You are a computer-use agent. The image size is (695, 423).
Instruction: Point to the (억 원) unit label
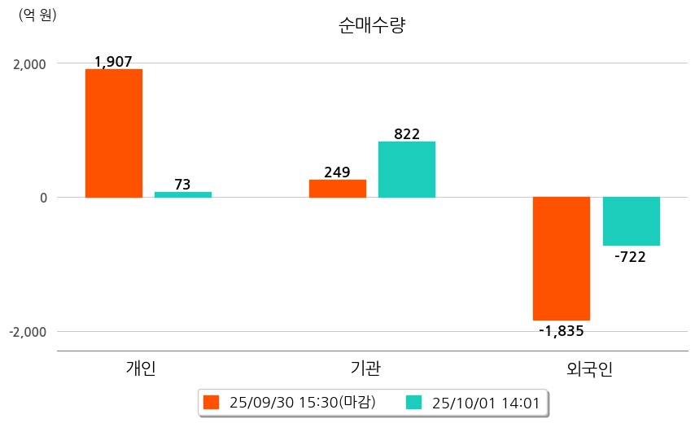tap(37, 15)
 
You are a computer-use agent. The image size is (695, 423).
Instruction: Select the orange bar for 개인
tap(114, 133)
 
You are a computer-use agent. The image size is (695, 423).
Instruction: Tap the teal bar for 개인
tap(183, 194)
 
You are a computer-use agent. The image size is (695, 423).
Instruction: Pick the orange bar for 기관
tap(338, 188)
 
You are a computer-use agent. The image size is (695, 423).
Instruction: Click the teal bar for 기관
tap(407, 169)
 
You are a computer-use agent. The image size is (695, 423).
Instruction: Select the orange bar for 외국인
tap(562, 259)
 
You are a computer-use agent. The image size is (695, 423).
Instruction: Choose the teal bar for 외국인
tap(631, 221)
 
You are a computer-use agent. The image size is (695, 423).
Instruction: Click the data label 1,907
tap(113, 62)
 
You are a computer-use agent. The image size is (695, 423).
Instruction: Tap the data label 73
tap(182, 185)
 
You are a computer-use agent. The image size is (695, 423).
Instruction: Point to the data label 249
tap(337, 172)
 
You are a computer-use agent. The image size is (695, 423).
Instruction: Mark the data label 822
tap(406, 134)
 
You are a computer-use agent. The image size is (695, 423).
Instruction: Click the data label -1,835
tap(562, 330)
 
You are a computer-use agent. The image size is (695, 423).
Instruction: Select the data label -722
tap(631, 257)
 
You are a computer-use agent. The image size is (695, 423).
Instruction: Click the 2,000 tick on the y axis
tap(28, 63)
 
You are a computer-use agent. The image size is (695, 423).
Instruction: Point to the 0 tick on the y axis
tap(42, 198)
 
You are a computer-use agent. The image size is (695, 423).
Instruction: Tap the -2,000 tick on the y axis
tap(26, 332)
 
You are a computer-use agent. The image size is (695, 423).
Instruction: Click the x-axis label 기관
tap(361, 368)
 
